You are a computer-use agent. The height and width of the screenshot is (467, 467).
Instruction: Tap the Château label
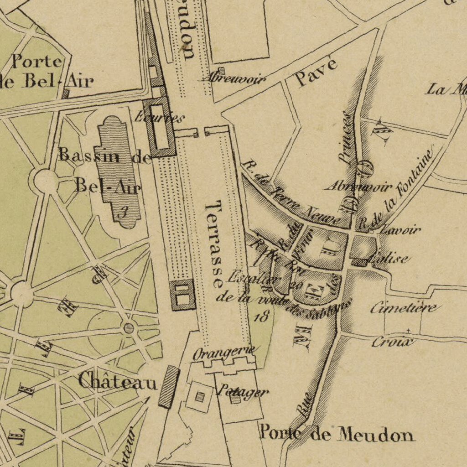(117, 381)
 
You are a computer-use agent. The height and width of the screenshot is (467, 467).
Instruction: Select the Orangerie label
(223, 353)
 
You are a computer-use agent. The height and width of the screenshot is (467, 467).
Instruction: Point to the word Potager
(242, 391)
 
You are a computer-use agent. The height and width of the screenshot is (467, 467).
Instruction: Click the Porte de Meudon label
(337, 433)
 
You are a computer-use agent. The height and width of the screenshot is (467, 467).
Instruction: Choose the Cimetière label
(404, 308)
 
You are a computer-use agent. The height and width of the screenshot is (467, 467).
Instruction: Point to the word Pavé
(316, 72)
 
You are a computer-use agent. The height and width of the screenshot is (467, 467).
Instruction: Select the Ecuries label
(160, 118)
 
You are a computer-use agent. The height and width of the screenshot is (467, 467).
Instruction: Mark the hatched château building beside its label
(168, 387)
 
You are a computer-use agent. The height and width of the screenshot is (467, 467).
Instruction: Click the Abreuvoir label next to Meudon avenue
(233, 79)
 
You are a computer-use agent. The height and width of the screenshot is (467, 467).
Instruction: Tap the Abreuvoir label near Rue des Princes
(358, 187)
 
